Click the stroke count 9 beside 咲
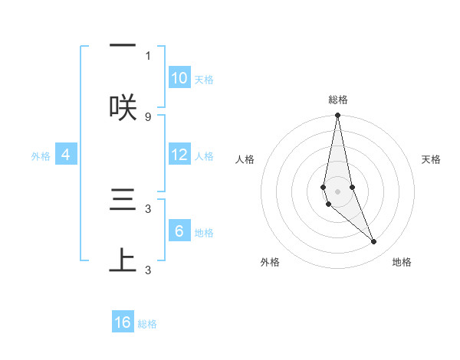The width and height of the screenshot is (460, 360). (148, 116)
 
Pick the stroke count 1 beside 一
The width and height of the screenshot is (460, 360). (148, 56)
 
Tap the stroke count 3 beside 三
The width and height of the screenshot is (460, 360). (148, 209)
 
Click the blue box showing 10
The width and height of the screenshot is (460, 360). (179, 78)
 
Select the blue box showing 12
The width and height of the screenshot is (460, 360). (179, 155)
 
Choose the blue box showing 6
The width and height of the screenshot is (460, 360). (179, 231)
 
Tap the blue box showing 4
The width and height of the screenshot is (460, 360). (66, 155)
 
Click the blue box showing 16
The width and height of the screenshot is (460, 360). (123, 322)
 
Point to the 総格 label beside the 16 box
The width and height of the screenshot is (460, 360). (147, 324)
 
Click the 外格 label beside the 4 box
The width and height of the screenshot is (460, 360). (41, 156)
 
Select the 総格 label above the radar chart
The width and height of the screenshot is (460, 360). (338, 100)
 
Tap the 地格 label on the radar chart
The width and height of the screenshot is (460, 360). (402, 262)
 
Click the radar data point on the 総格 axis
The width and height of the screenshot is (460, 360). (338, 116)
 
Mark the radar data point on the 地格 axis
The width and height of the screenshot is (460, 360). (374, 242)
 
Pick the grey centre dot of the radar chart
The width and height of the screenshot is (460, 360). (338, 191)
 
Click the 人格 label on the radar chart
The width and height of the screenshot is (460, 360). (245, 159)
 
